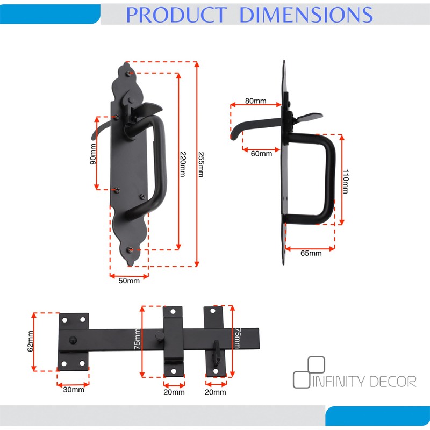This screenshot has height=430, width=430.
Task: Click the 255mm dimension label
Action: pos(201,164)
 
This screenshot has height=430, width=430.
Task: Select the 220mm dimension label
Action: pos(183,164)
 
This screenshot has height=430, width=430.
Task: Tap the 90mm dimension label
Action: pos(93,154)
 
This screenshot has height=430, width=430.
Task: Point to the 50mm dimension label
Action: pos(129,281)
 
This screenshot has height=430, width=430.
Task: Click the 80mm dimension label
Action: pos(256,101)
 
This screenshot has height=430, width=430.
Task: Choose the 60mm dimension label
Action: pos(261,154)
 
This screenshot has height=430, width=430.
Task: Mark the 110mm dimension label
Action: pos(346,182)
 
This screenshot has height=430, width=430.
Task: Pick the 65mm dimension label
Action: pos(311,253)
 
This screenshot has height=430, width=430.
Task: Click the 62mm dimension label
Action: pos(30,341)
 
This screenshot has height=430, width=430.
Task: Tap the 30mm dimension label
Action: pos(74,389)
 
